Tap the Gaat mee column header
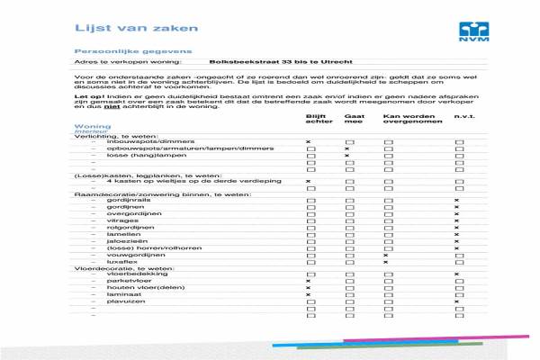355,120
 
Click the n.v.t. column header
463,117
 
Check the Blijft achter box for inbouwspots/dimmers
309,142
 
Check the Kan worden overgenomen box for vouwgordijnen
386,255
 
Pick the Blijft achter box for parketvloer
309,281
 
